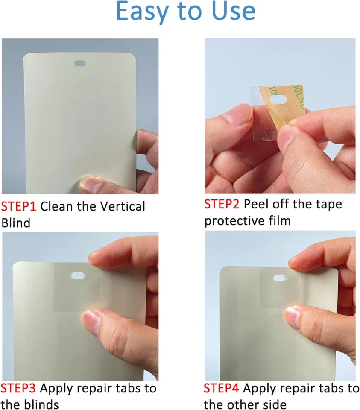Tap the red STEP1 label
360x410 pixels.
19,206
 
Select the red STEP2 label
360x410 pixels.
222,204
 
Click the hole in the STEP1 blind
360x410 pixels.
80,63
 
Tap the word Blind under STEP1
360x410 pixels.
16,222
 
